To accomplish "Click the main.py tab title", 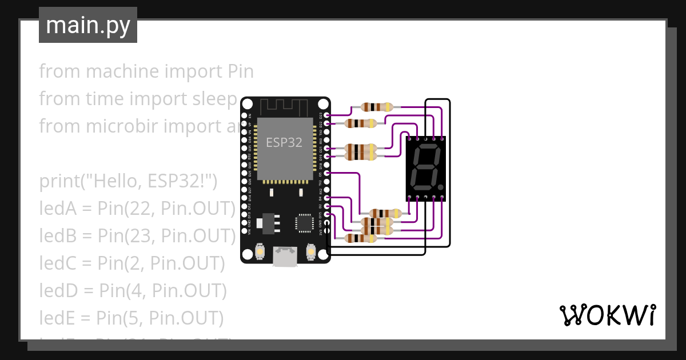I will point(87,26).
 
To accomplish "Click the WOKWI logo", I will point(607,315).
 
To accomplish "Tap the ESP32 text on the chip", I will point(284,142).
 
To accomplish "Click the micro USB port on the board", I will point(285,257).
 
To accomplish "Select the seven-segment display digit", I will point(424,168).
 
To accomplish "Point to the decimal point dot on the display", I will point(441,187).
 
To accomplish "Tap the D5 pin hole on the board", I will point(326,173).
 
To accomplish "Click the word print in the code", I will point(59,182).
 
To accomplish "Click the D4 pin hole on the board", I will point(326,198).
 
